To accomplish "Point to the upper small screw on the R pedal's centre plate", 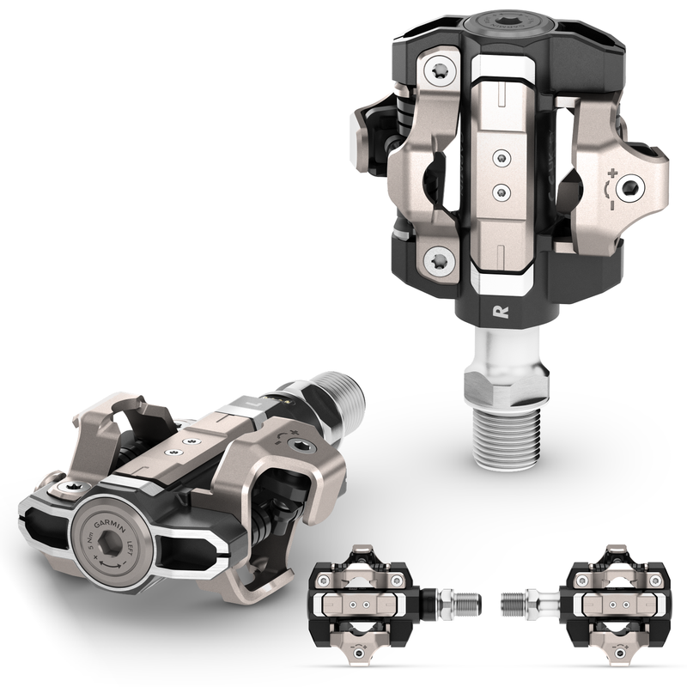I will click(502, 157).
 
